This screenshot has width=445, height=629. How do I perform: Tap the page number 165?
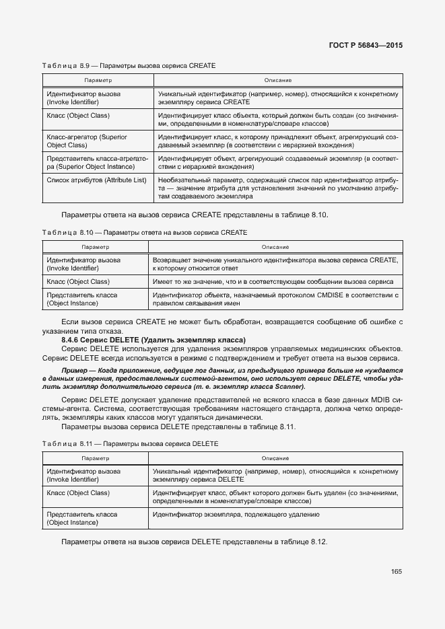tap(396, 572)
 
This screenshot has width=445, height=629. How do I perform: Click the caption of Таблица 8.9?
tap(129, 65)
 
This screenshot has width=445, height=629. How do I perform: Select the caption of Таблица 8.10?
tap(145, 232)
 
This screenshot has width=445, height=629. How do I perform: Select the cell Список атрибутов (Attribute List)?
tap(96, 180)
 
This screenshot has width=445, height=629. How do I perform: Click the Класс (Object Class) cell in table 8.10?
tap(78, 281)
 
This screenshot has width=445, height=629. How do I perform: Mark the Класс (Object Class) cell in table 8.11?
tap(78, 493)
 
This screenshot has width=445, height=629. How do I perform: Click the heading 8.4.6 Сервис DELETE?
tap(153, 339)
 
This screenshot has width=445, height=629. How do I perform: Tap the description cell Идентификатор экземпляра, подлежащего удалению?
tap(236, 515)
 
